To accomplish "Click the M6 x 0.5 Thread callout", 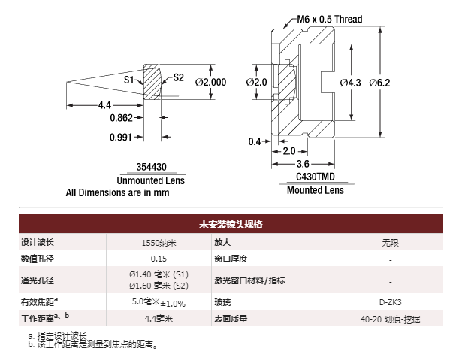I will coord(330,19).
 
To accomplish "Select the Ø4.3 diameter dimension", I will coord(350,82).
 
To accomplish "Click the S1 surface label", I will coord(129,79).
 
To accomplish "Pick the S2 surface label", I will coord(178,77).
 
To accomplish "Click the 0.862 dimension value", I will coord(122,118).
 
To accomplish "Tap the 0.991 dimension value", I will coord(122,137).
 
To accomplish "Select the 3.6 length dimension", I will coord(303,164).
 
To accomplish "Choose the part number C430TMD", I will coord(315,177).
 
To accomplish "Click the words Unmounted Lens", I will coord(151,181).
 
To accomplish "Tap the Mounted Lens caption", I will coord(316,190).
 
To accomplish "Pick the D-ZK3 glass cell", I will coord(391,302).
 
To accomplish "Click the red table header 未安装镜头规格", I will coord(230,224).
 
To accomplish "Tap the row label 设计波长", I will coord(38,243).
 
